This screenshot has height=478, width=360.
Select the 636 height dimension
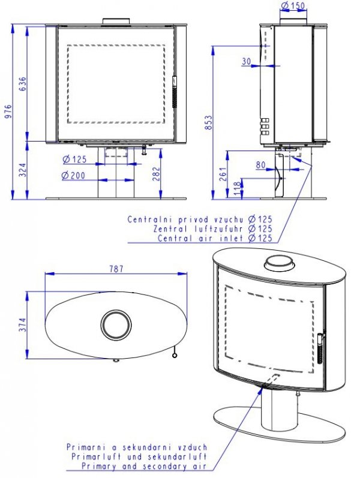click(23, 84)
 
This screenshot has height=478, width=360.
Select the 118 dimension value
click(235, 188)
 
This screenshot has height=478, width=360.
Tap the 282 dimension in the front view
click(155, 174)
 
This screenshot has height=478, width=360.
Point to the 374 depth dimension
click(23, 325)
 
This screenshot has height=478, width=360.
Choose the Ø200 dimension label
click(74, 176)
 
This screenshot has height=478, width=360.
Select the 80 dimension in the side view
click(260, 164)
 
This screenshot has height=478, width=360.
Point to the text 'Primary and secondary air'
click(144, 466)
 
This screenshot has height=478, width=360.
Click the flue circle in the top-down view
click(114, 324)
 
